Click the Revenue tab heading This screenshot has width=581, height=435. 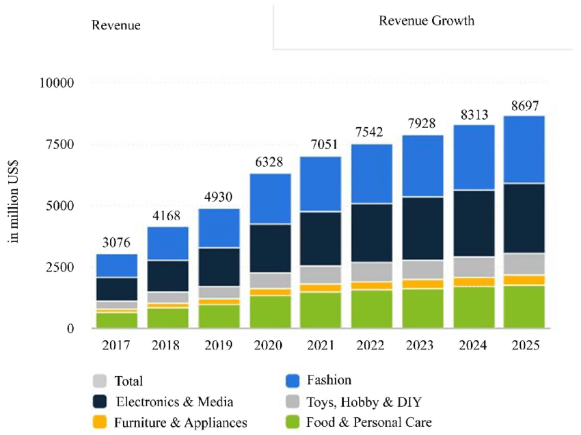point(116,25)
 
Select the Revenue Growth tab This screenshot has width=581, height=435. point(427,21)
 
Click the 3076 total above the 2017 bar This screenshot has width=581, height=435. point(116,241)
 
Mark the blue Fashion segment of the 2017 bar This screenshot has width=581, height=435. point(116,265)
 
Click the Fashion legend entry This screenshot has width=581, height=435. point(329,380)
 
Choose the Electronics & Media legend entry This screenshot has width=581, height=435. point(174,401)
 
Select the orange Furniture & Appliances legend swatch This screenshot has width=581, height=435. point(100,422)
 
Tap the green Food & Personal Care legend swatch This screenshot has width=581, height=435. point(293,422)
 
